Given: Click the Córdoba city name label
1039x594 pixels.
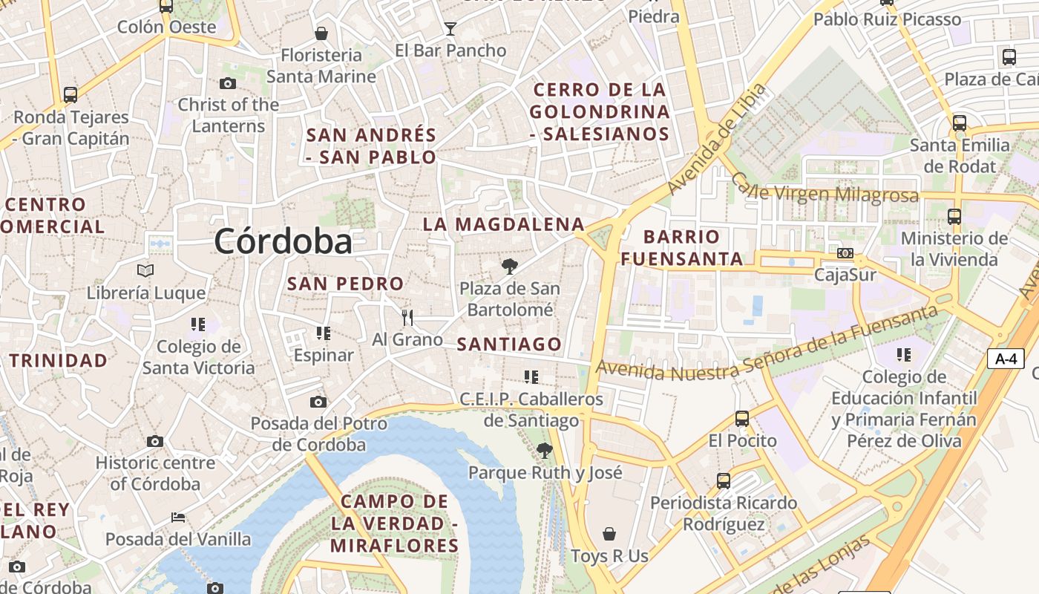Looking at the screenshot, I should pos(283,241).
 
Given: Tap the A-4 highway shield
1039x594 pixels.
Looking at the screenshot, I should pos(1006,359).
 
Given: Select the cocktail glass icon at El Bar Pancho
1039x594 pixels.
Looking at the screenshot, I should pos(450,29).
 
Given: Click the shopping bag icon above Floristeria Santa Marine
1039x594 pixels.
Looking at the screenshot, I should pos(321,33).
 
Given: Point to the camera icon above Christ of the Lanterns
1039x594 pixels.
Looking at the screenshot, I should pos(228,83).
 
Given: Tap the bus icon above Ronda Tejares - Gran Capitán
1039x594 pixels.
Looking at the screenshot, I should pos(71,95).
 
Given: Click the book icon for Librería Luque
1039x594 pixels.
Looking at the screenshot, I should pos(145,271).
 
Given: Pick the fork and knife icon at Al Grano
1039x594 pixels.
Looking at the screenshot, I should pos(407,318).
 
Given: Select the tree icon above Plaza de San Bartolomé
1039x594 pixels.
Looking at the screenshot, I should pos(509,267).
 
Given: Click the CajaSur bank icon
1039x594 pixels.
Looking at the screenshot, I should pos(845,253).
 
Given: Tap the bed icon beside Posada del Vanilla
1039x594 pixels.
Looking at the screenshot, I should pos(177,518).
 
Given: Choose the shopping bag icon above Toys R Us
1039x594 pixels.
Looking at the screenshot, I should pos(609,534).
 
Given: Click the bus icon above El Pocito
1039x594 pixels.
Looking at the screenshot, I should pos(742,419).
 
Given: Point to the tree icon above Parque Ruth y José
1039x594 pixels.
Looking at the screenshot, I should pos(544,450).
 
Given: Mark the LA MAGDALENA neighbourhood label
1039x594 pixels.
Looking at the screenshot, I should pos(504,224).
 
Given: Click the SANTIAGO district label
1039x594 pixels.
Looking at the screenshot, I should pos(509,344).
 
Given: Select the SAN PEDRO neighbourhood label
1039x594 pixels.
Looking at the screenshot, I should pos(345,283).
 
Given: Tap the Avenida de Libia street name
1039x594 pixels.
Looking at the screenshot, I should pos(716,139).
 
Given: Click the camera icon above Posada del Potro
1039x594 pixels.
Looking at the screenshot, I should pos(318,402).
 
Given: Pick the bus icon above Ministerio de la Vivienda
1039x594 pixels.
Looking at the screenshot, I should pos(954,217).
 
